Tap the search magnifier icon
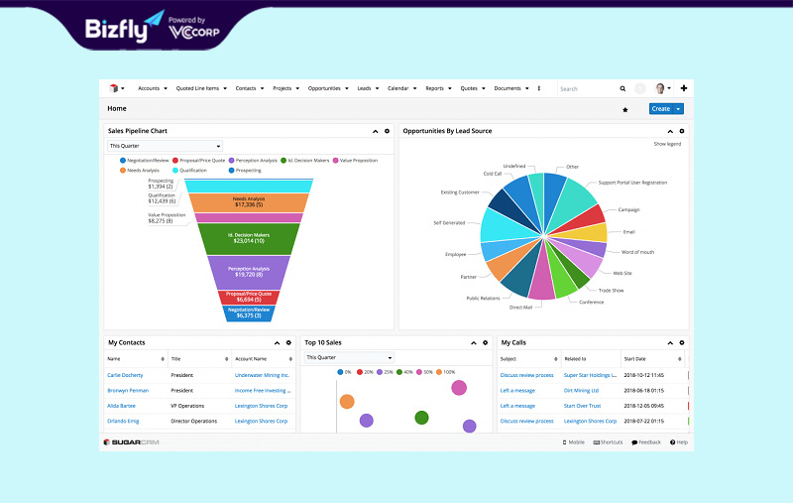623,88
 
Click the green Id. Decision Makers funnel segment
249,238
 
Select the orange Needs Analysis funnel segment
249,201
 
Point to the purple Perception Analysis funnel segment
249,271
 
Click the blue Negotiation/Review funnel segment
248,313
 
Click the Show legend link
667,144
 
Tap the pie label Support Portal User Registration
632,183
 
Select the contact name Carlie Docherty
125,375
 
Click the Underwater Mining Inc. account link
262,375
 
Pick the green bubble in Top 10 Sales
421,418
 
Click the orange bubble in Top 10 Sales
347,402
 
